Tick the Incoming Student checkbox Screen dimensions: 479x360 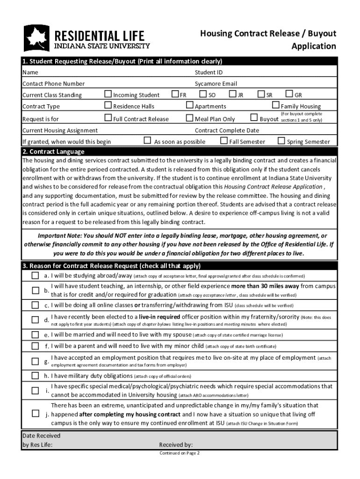[x=108, y=94]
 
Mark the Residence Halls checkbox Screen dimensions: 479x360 [x=108, y=105]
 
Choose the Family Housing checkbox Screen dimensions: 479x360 [x=275, y=105]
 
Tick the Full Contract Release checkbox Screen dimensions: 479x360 [x=108, y=118]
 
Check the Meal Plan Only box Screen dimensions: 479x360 [x=189, y=118]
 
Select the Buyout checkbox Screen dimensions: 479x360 [x=254, y=118]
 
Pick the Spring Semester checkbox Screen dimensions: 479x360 [x=281, y=140]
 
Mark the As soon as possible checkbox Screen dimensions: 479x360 [x=147, y=140]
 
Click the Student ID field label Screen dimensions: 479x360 [x=209, y=73]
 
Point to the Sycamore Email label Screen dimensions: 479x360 [x=216, y=84]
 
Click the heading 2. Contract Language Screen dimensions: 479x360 [x=54, y=152]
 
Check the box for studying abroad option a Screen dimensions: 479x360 [x=35, y=276]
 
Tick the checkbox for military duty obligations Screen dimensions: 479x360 [x=35, y=376]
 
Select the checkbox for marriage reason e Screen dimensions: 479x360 [x=35, y=334]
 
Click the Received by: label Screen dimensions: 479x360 [x=176, y=445]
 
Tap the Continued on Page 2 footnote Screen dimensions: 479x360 [x=180, y=453]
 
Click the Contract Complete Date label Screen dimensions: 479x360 [x=227, y=131]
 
